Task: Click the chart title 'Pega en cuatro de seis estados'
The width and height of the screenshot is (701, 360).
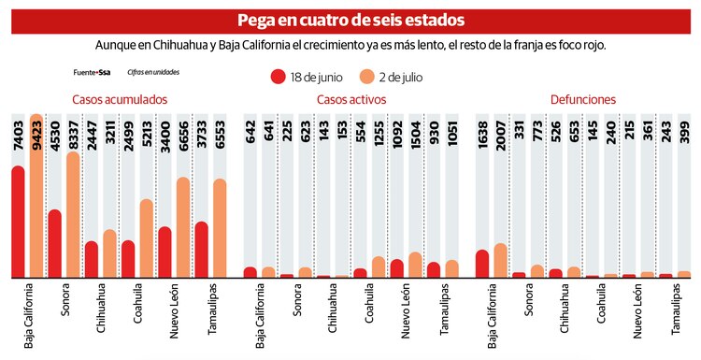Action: click(350, 20)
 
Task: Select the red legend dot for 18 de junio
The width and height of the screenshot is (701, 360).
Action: click(278, 77)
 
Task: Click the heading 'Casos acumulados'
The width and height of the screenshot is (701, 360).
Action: click(120, 99)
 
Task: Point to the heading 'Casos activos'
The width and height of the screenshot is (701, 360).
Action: click(350, 99)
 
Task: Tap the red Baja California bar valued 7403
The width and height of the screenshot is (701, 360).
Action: click(18, 222)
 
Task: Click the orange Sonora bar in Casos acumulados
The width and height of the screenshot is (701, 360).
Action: click(73, 215)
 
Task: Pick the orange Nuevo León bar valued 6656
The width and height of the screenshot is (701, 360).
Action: click(183, 227)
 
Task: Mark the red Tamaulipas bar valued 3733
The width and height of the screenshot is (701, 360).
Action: click(202, 250)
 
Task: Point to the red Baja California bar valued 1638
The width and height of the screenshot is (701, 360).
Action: click(482, 264)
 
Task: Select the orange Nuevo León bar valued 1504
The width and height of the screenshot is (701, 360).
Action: click(415, 265)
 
